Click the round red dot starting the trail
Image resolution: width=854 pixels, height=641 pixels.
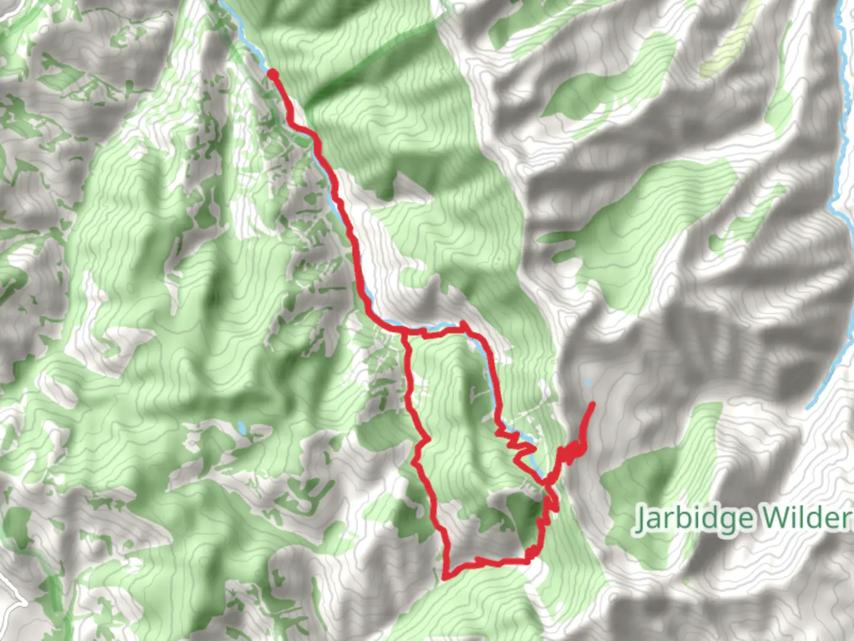coord(273,74)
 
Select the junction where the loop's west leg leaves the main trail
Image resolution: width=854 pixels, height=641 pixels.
coord(404,335)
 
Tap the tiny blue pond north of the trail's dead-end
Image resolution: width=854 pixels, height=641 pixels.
coord(588,383)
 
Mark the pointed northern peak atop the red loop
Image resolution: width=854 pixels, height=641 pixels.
coord(463,323)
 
